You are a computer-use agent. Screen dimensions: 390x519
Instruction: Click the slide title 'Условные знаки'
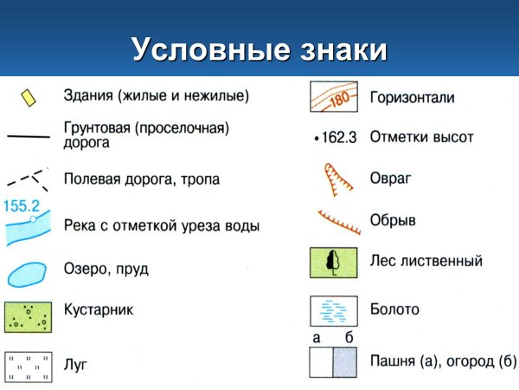(x=259, y=49)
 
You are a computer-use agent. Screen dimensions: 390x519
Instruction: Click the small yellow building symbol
(x=29, y=96)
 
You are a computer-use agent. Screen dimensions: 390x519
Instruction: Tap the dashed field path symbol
(x=27, y=179)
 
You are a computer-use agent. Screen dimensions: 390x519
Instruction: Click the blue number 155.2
(x=22, y=207)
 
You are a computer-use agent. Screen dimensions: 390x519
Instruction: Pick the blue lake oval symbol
(x=27, y=272)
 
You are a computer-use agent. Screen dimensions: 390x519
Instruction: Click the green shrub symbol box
(x=28, y=315)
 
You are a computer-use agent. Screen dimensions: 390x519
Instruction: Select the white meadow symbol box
(x=28, y=366)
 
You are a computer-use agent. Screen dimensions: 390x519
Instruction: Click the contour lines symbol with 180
(x=333, y=98)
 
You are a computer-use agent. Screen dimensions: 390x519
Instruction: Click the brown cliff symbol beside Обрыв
(x=338, y=223)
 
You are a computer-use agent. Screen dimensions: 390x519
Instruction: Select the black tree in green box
(x=333, y=262)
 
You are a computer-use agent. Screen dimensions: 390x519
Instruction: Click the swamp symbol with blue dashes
(x=333, y=309)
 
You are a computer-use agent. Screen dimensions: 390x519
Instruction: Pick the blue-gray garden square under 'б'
(x=345, y=361)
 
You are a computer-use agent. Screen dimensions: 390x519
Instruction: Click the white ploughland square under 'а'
(x=322, y=361)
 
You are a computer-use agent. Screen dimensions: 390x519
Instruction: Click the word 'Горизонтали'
(x=411, y=98)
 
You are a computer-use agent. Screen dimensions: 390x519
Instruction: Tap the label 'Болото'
(x=394, y=309)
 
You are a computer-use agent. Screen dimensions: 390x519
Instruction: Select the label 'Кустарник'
(x=99, y=309)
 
